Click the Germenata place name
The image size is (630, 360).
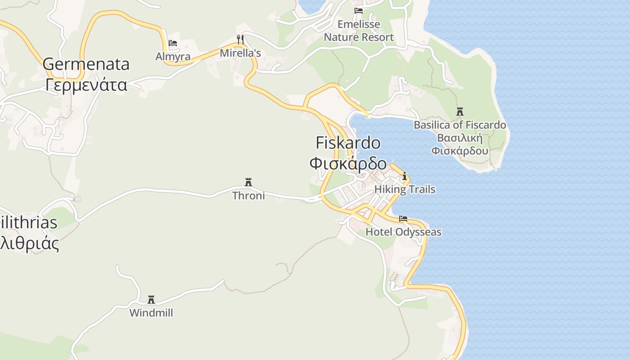click(x=86, y=64)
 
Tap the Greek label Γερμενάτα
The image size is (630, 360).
click(x=86, y=84)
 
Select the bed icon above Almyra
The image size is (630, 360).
click(x=173, y=44)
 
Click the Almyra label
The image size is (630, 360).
click(x=173, y=57)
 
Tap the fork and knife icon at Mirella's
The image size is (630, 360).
click(x=240, y=40)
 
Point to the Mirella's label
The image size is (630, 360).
click(x=240, y=53)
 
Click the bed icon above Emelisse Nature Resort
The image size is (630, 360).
click(x=359, y=10)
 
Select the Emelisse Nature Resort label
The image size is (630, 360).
click(x=359, y=31)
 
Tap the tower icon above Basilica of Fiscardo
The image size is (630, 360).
click(x=459, y=112)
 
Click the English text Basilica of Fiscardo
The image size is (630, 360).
click(x=460, y=125)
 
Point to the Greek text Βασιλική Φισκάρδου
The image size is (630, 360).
click(x=460, y=144)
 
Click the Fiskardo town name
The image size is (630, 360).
click(x=348, y=143)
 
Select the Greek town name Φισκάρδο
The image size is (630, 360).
click(x=348, y=162)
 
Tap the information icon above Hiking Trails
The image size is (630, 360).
click(x=405, y=176)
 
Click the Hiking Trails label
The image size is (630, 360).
click(x=405, y=189)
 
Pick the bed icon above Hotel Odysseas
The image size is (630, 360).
click(x=403, y=219)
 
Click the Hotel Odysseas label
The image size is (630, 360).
click(x=403, y=232)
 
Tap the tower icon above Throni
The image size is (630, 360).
click(x=248, y=182)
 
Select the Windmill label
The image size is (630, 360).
click(x=151, y=313)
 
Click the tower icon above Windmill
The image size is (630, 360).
click(x=151, y=300)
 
